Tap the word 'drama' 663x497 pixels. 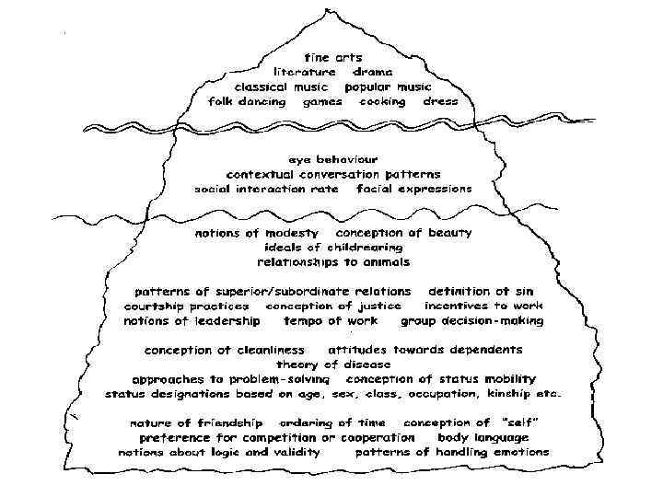click(x=372, y=72)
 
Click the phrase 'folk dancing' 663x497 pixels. click(x=248, y=101)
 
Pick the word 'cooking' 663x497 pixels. click(x=382, y=101)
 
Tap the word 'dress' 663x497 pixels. click(x=440, y=101)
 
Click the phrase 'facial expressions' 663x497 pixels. click(x=414, y=189)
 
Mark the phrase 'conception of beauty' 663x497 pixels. click(x=404, y=233)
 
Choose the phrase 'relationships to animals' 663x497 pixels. click(x=333, y=261)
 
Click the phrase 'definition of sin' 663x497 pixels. click(x=483, y=291)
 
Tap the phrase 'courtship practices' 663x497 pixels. click(x=187, y=306)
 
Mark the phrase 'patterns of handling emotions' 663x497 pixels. click(x=451, y=452)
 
